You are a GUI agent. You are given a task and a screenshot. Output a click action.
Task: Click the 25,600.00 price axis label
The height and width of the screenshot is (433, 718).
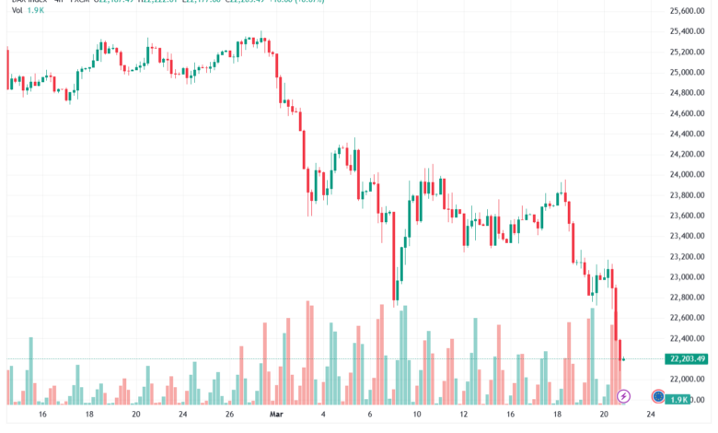687,11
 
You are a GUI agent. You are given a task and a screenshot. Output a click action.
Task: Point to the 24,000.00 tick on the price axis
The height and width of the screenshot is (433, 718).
687,175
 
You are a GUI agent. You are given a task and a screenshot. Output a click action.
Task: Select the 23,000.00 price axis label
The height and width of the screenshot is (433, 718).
687,277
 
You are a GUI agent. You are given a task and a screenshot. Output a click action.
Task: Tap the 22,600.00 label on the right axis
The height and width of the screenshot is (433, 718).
687,318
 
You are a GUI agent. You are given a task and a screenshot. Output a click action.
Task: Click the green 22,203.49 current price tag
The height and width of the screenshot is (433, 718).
688,359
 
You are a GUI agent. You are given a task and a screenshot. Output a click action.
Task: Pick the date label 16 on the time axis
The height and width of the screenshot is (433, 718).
41,415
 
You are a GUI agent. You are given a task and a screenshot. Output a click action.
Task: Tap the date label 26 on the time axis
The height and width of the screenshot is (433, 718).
230,415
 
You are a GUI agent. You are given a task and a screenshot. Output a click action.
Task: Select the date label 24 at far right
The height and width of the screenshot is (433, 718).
652,415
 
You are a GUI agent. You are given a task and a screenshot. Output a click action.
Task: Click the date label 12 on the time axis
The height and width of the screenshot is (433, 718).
464,415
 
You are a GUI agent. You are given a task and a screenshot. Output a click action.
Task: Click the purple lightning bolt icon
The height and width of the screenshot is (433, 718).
624,396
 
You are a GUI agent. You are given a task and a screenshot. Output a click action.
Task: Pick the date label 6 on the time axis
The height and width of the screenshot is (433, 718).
370,415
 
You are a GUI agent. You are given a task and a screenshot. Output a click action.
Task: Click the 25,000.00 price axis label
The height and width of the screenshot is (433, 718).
687,73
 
